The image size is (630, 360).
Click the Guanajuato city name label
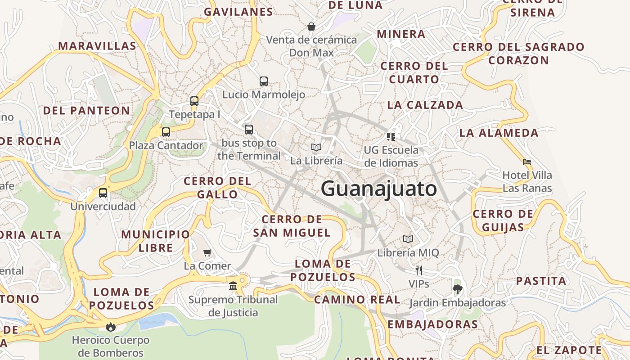click(378, 189)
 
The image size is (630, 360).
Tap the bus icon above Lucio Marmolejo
click(264, 81)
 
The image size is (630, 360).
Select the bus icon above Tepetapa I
click(194, 101)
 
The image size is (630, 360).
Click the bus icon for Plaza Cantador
click(166, 132)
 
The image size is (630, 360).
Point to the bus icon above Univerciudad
click(103, 193)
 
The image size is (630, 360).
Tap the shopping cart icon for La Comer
click(207, 252)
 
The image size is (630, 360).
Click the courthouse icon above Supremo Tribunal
click(233, 286)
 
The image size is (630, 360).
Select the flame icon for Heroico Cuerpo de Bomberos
click(110, 327)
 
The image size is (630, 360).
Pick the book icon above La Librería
click(316, 147)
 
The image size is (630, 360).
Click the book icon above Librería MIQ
click(408, 239)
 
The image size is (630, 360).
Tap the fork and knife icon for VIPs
click(419, 270)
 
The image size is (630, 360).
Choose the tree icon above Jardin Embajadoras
click(458, 289)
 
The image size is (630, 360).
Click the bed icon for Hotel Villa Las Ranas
click(527, 162)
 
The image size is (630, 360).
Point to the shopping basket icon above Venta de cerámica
click(311, 27)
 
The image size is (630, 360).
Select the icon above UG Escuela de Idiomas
click(391, 136)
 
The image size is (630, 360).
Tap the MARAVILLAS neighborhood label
click(97, 46)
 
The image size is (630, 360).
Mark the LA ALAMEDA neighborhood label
click(499, 133)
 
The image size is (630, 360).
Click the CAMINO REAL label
click(357, 299)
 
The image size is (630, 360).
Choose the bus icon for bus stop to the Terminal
click(249, 130)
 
